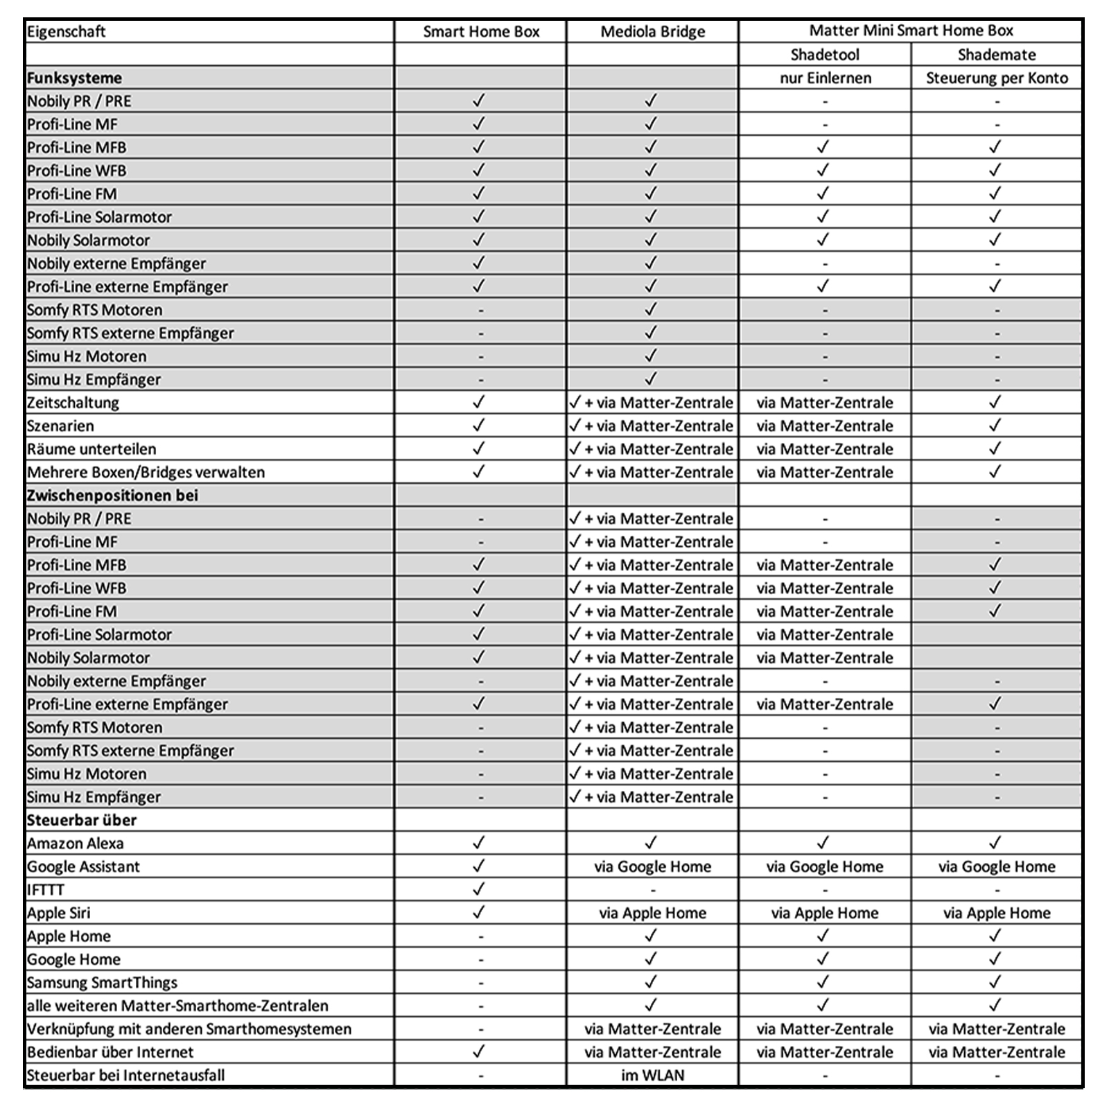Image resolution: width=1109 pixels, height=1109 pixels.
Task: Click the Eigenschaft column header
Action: click(x=67, y=31)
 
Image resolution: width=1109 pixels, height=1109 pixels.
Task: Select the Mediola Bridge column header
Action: click(x=652, y=31)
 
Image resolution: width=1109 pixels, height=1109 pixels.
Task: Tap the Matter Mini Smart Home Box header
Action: click(x=911, y=30)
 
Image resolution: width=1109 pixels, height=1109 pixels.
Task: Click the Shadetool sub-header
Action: click(x=825, y=55)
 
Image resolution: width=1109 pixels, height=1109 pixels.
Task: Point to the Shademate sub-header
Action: click(x=997, y=55)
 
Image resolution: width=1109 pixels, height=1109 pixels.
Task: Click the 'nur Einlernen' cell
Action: click(x=825, y=78)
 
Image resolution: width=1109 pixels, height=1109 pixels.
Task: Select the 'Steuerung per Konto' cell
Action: click(x=997, y=78)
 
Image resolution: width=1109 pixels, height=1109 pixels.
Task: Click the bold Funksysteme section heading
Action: click(x=74, y=78)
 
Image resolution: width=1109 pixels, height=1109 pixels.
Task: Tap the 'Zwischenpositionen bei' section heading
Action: click(x=112, y=496)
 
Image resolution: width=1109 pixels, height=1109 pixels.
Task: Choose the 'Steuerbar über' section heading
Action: click(x=82, y=820)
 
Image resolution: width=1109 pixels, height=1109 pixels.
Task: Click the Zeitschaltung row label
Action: click(x=73, y=403)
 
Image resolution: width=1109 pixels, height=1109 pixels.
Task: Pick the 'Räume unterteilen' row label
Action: click(x=91, y=449)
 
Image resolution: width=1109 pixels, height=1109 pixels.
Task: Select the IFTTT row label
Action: click(x=45, y=890)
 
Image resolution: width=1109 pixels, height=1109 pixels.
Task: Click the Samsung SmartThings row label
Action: click(x=102, y=983)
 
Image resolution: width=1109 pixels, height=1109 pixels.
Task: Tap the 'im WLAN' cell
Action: click(x=652, y=1076)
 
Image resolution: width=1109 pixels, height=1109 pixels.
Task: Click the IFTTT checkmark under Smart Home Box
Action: click(x=479, y=889)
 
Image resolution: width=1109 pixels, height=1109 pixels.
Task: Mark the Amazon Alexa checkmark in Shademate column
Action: click(x=995, y=843)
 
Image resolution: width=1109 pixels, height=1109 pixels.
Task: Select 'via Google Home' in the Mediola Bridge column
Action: click(x=652, y=866)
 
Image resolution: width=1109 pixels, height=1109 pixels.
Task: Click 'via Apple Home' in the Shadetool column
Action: click(x=825, y=913)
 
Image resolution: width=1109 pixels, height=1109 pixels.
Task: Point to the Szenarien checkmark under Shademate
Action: click(x=995, y=426)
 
